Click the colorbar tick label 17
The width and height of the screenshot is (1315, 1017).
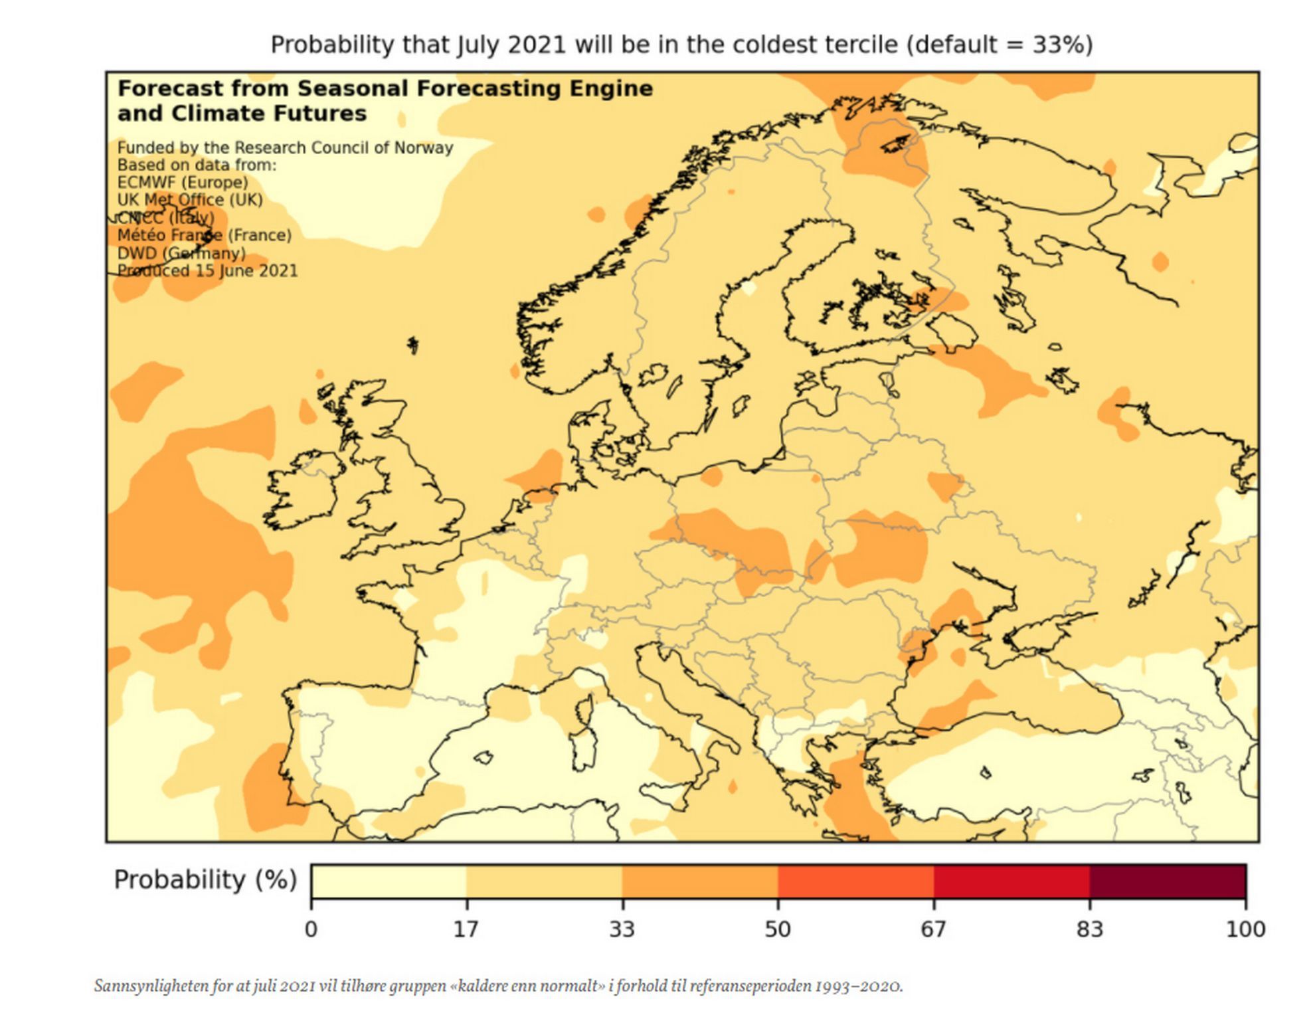(466, 929)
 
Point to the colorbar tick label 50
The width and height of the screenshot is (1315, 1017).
(777, 929)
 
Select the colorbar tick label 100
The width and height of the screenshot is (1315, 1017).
(1245, 929)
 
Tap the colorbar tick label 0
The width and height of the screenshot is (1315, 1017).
(311, 929)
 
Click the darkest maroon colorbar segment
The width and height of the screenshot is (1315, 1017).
(1167, 881)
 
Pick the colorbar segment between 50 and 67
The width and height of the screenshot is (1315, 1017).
(855, 881)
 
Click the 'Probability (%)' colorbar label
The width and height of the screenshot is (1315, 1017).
(205, 879)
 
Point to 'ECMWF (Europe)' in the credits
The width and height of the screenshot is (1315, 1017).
(183, 183)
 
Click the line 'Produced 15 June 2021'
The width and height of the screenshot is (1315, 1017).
(207, 271)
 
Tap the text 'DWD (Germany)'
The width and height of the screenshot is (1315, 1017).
(181, 253)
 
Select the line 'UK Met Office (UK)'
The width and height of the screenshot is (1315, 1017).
(190, 200)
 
